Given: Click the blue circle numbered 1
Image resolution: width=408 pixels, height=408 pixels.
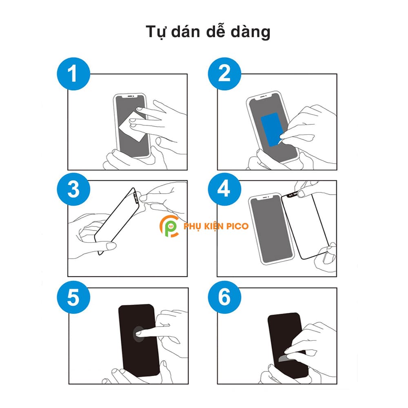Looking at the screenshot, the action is click(x=73, y=74).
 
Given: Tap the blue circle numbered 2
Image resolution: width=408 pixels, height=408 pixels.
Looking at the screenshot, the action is click(x=224, y=74).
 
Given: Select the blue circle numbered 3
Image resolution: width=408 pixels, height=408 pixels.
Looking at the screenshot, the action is click(x=73, y=189).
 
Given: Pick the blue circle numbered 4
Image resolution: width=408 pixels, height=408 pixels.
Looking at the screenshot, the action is click(x=224, y=189).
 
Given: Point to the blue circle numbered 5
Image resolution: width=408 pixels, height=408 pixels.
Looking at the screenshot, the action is click(x=73, y=297).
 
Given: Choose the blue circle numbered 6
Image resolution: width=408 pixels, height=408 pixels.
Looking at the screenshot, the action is click(x=224, y=297).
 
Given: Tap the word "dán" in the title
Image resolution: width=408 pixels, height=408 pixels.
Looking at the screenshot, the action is click(x=186, y=31).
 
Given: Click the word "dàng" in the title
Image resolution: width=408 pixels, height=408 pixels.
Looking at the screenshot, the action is click(x=251, y=32).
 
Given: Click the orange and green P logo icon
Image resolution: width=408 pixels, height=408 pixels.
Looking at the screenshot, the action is click(x=169, y=226).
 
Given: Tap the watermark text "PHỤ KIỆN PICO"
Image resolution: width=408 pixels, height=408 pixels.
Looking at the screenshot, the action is click(x=216, y=226).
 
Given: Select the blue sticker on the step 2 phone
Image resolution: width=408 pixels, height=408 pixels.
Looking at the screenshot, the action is click(x=271, y=129).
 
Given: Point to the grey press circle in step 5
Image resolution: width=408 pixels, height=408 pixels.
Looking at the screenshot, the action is click(x=139, y=334).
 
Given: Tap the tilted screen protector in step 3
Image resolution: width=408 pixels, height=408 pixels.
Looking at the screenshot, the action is click(x=117, y=221).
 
